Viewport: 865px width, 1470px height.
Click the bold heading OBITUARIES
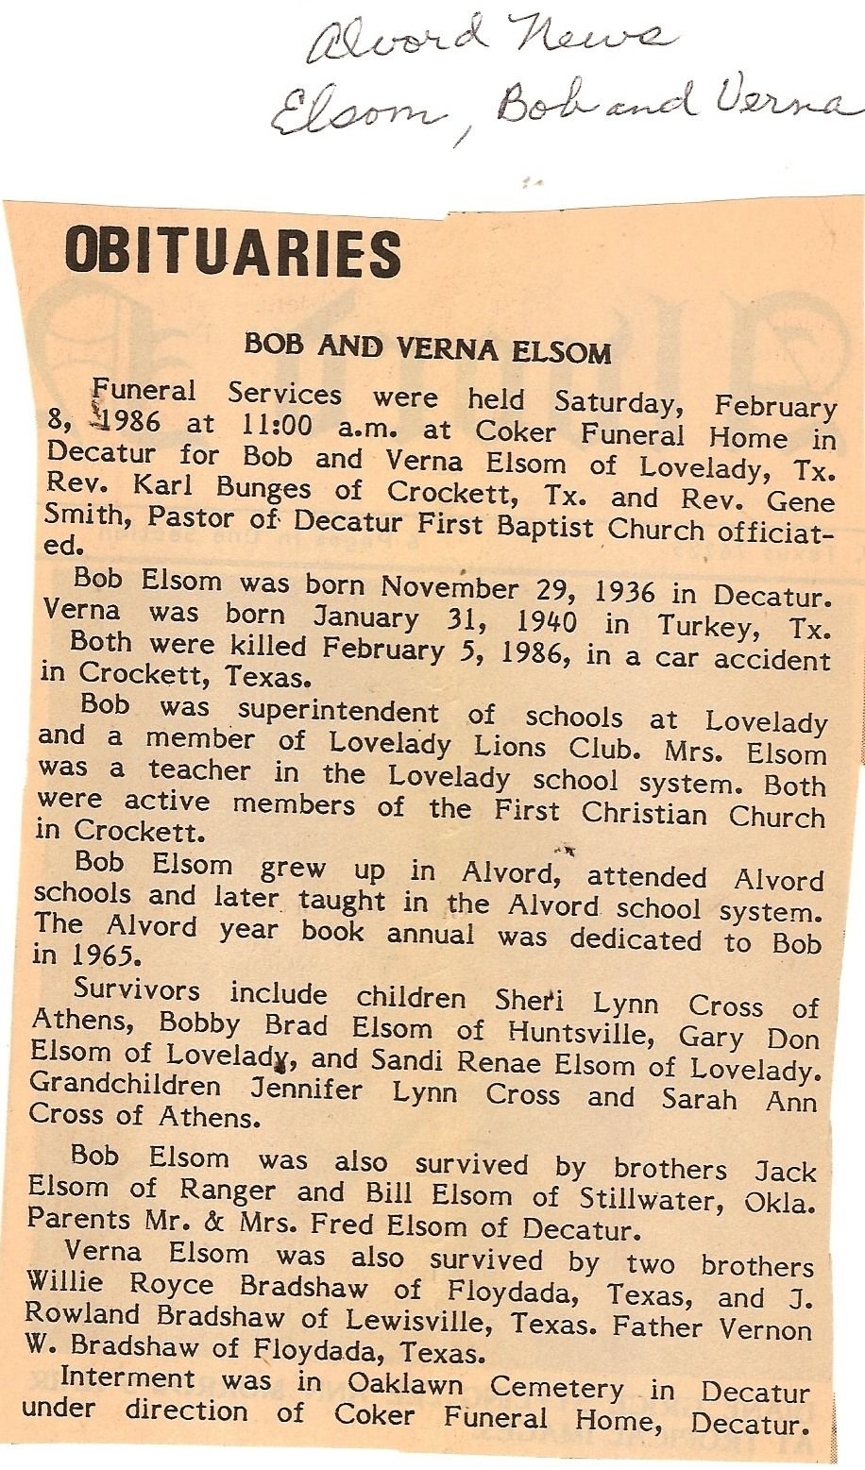tap(232, 252)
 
